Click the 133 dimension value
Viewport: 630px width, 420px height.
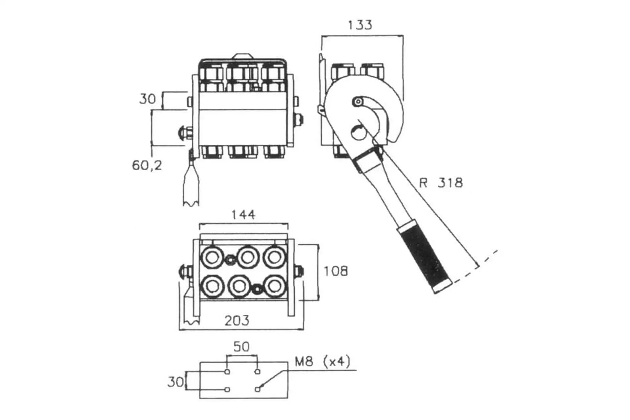click(x=360, y=25)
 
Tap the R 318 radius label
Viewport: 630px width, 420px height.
click(x=441, y=183)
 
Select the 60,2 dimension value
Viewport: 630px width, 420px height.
click(x=147, y=165)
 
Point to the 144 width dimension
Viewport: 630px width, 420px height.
click(x=243, y=215)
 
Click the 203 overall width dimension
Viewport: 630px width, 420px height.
click(x=237, y=320)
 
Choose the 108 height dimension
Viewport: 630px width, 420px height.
click(x=336, y=271)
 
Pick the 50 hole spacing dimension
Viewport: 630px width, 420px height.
click(x=241, y=346)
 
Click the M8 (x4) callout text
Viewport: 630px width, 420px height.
click(x=323, y=362)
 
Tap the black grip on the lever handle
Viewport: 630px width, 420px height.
click(x=425, y=256)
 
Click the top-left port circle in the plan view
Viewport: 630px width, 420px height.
click(x=212, y=257)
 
